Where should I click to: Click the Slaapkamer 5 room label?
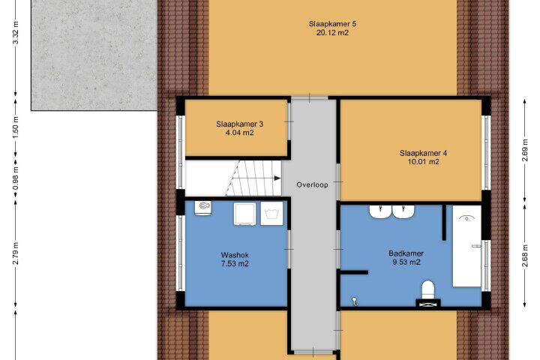(x=332, y=24)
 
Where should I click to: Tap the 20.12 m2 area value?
(x=332, y=33)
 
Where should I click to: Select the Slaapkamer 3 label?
(x=240, y=124)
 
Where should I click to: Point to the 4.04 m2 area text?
(x=240, y=133)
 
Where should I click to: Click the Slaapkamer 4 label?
(x=423, y=153)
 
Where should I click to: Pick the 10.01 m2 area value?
(x=423, y=162)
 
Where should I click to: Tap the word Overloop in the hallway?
(x=312, y=184)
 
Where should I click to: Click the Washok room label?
(x=235, y=255)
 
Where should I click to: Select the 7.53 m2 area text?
(x=235, y=264)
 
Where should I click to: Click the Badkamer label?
(x=406, y=253)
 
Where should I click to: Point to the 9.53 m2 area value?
(x=406, y=262)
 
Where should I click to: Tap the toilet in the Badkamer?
(x=428, y=289)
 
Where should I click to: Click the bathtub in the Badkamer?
(x=466, y=246)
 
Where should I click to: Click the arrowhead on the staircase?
(x=277, y=178)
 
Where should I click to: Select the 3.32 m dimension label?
(x=16, y=33)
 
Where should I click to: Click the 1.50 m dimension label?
(x=16, y=127)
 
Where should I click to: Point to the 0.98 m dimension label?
(x=16, y=178)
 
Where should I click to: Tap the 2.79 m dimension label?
(x=16, y=253)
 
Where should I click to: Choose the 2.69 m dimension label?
(x=525, y=150)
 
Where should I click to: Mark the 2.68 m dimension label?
(x=525, y=256)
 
